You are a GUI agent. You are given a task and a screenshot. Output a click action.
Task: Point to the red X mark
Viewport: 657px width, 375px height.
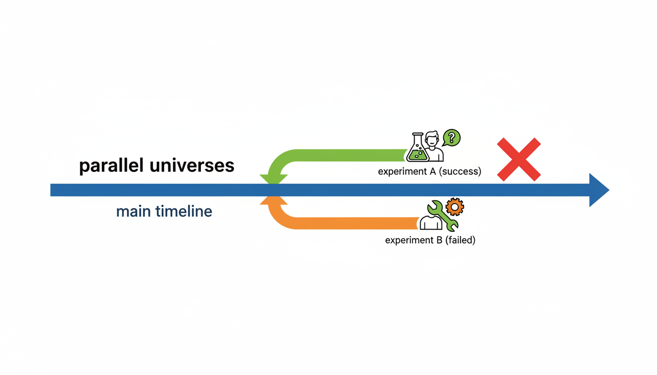(519, 159)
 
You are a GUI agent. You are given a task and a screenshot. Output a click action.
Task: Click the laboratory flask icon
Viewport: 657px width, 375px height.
(418, 148)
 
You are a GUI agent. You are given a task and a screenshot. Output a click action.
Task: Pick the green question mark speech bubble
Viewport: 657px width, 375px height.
(452, 138)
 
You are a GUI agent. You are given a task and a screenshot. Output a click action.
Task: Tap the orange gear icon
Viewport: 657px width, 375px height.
(455, 207)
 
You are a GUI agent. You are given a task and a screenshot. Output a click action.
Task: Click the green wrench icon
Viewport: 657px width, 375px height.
(442, 215)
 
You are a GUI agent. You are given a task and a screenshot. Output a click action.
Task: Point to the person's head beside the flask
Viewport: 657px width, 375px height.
(432, 140)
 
